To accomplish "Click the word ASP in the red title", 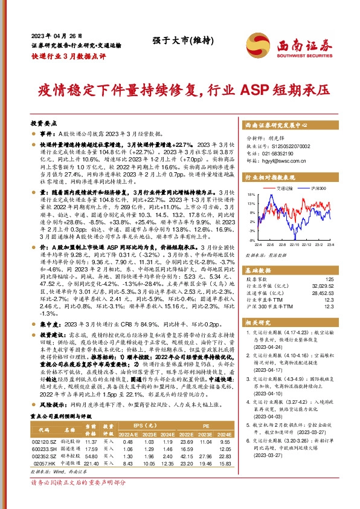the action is tap(259, 90).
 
